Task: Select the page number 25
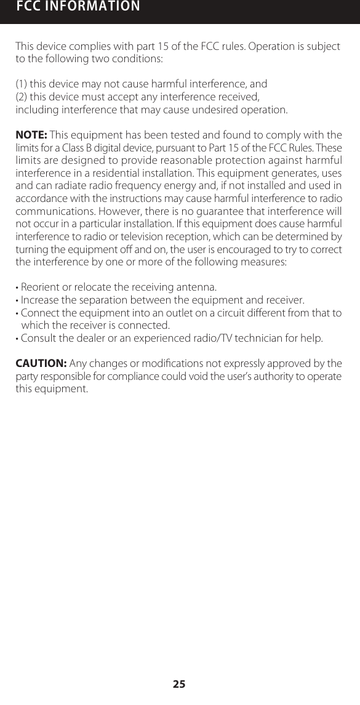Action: pos(179,684)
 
